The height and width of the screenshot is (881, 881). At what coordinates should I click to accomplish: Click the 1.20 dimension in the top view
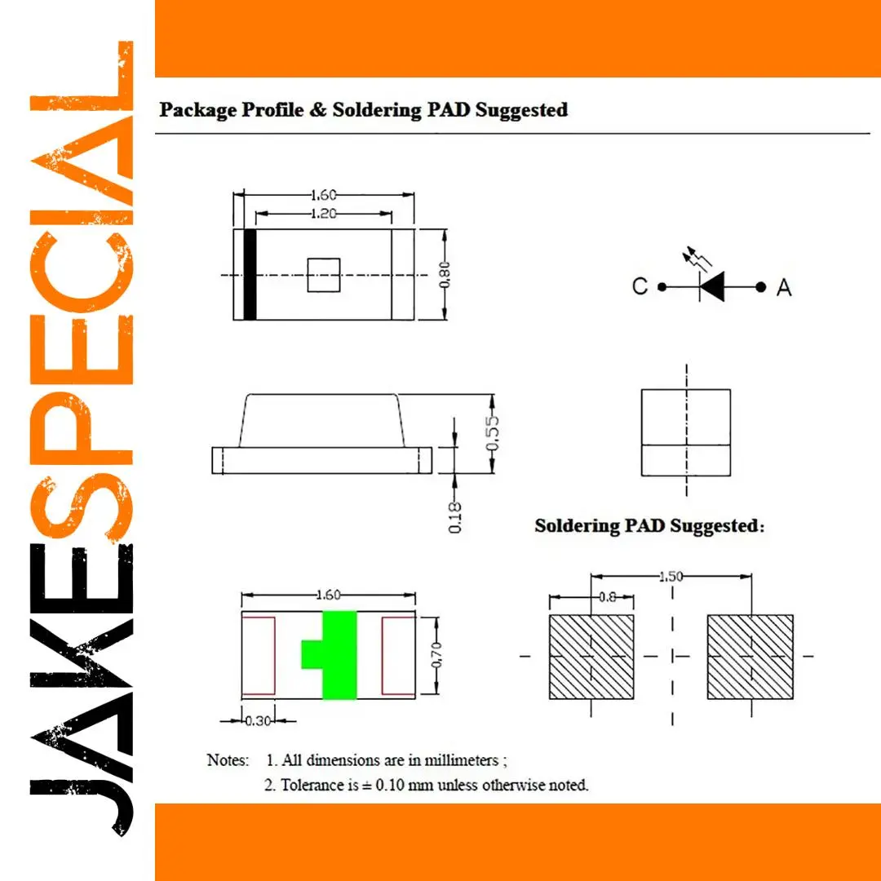coord(324,214)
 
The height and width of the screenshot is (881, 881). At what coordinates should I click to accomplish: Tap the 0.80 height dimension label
coord(444,274)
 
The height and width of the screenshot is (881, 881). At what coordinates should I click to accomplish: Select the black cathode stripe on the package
coord(250,275)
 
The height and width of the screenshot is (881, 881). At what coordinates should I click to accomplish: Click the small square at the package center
coord(324,275)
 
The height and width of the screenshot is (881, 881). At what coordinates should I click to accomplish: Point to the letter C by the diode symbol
coord(640,286)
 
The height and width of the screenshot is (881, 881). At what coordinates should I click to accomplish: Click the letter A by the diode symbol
coord(784,287)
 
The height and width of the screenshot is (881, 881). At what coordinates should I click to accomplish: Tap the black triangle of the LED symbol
coord(712,286)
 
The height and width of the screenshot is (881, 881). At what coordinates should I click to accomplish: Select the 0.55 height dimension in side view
coord(492,433)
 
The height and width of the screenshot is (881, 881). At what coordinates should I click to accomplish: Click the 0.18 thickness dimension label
coord(454,517)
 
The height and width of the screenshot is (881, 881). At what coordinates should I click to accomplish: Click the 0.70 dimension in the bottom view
coord(436,655)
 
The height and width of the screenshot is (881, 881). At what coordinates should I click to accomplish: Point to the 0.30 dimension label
coord(259,720)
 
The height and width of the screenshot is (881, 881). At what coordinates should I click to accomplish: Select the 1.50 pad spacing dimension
coord(671,577)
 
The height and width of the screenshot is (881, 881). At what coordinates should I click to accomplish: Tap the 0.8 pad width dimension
coord(608,596)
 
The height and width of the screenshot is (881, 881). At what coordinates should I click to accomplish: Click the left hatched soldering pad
coord(591,656)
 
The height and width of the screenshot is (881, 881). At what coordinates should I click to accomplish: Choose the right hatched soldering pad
coord(750,656)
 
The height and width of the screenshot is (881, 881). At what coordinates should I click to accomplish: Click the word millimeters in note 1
coord(461,759)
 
